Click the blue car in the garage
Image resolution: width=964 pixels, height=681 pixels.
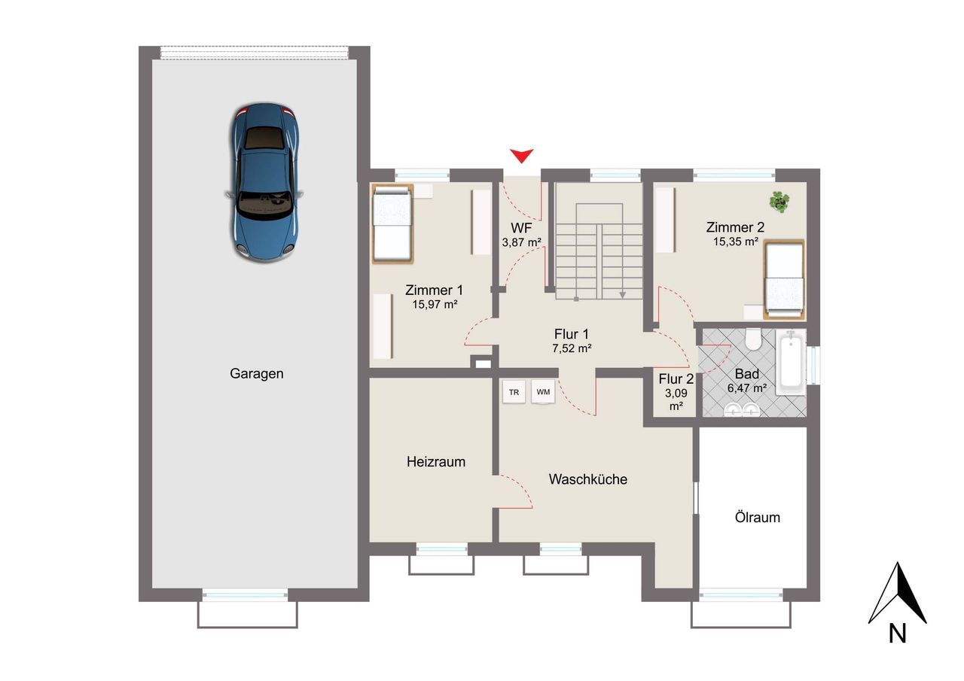tap(264, 183)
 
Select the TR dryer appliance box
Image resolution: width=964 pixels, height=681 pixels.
tap(514, 392)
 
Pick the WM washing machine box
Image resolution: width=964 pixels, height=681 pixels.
tap(543, 392)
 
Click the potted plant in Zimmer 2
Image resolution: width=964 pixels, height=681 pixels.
tap(779, 202)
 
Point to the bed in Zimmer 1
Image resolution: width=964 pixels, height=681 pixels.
tap(392, 224)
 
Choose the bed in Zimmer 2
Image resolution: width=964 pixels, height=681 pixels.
tap(784, 279)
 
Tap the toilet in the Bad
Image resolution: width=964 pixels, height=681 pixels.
tap(753, 339)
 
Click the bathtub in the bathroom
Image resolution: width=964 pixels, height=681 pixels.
tap(791, 362)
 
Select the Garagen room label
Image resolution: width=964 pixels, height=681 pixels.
tap(257, 373)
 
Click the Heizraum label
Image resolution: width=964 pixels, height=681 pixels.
tap(436, 462)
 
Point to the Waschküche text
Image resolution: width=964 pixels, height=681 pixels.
tap(588, 479)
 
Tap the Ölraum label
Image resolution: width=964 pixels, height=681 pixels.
tap(758, 517)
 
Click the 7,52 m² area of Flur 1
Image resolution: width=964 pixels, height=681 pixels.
tap(572, 348)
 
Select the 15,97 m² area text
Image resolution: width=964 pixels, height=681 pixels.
tap(435, 305)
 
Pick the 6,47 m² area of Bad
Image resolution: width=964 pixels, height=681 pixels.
tap(747, 388)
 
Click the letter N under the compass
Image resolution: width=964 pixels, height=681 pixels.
tap(898, 634)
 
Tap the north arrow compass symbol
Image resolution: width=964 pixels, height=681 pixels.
tap(897, 592)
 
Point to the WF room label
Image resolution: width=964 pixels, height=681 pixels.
tap(522, 228)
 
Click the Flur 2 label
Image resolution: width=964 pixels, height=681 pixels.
tap(676, 379)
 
